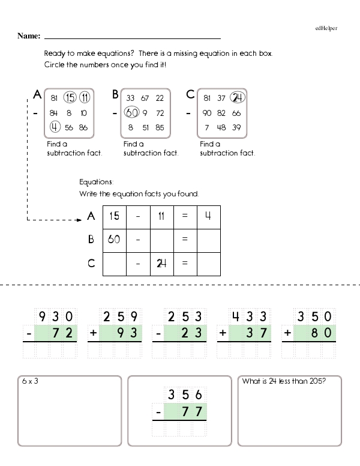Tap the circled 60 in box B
coord(131,112)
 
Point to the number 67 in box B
coord(145,98)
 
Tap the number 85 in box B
coord(159,127)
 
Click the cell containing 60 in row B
coord(115,240)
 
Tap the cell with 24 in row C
coord(161,263)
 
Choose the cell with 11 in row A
coord(161,216)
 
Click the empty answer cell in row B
coord(208,240)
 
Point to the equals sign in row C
coord(185,263)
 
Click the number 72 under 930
coord(63,332)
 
